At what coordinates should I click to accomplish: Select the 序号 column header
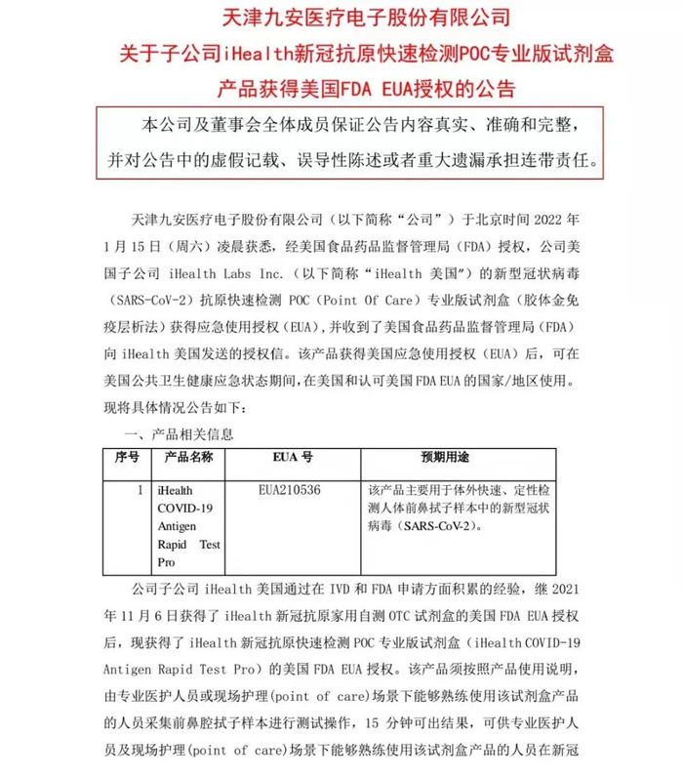point(127,457)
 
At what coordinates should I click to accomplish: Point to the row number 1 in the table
point(141,487)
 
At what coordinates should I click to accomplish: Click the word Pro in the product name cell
point(167,564)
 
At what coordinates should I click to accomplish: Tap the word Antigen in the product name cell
point(177,526)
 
